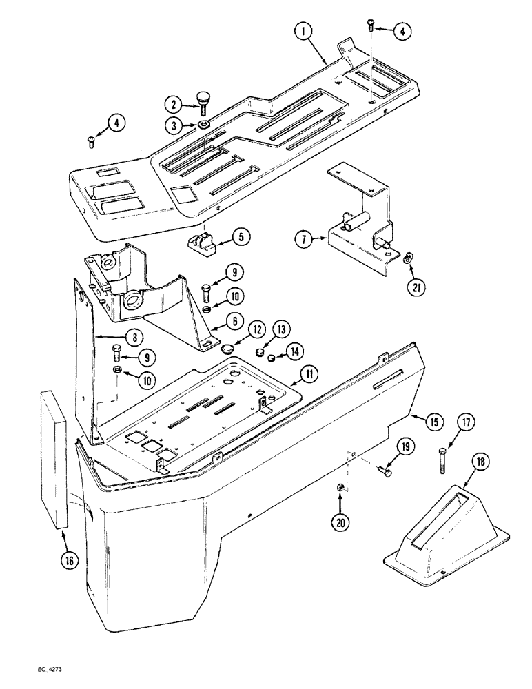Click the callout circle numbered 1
point(303,31)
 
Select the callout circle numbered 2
point(172,105)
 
